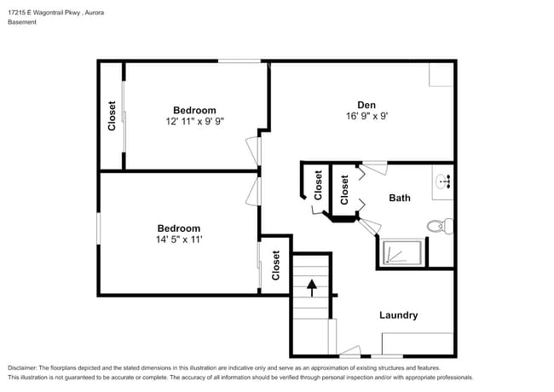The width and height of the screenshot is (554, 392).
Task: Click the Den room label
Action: coord(366,105)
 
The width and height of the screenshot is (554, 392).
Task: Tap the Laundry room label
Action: coord(398,315)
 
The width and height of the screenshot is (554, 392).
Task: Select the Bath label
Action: coord(400,198)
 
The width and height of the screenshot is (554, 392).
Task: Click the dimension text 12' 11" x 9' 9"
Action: coord(194,122)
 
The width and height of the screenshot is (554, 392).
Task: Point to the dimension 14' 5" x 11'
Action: coord(178,239)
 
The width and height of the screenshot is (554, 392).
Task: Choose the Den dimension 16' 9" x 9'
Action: coord(366,117)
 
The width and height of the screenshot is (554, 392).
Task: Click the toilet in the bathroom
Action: coord(436,226)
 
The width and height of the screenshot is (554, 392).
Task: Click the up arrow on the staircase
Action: coord(312,286)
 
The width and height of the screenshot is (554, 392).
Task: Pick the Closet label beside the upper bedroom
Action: coord(112,116)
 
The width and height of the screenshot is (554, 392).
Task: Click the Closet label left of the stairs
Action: coord(276,265)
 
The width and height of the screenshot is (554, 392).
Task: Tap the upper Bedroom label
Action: coord(194,110)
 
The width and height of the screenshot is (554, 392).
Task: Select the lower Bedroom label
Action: coord(178,228)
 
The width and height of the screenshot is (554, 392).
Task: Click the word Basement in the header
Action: coord(22,22)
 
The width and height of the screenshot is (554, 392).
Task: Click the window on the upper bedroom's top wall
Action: coord(239,61)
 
